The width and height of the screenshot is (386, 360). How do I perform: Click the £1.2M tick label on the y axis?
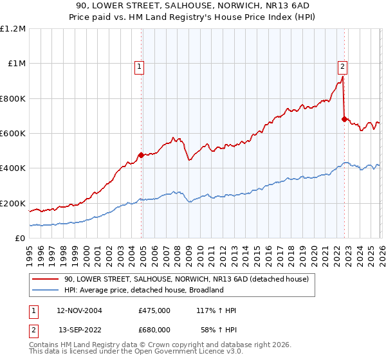13,28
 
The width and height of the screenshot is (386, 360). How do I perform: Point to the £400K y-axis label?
13,168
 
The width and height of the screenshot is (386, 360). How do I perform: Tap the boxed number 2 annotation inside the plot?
342,65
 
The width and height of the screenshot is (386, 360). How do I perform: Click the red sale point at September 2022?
345,119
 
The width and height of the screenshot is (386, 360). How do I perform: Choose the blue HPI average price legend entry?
143,290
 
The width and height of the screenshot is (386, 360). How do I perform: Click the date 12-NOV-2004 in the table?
80,310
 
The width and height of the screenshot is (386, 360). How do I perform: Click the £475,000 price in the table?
154,310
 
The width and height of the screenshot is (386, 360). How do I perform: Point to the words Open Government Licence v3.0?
191,352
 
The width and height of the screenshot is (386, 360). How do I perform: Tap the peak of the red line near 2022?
342,76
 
